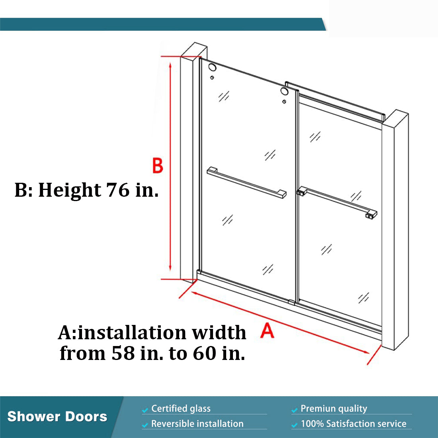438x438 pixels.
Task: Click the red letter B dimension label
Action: click(158, 166)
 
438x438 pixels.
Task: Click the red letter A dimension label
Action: click(268, 330)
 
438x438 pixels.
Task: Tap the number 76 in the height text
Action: click(118, 190)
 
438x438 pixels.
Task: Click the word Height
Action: click(69, 190)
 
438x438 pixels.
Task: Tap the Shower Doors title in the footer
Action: click(57, 416)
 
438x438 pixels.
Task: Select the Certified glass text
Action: click(181, 409)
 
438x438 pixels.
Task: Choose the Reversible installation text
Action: click(197, 424)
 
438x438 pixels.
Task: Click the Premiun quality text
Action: click(334, 409)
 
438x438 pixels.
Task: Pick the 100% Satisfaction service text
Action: click(354, 424)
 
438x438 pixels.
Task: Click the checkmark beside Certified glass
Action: click(145, 410)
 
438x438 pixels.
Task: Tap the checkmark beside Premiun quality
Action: click(294, 410)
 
